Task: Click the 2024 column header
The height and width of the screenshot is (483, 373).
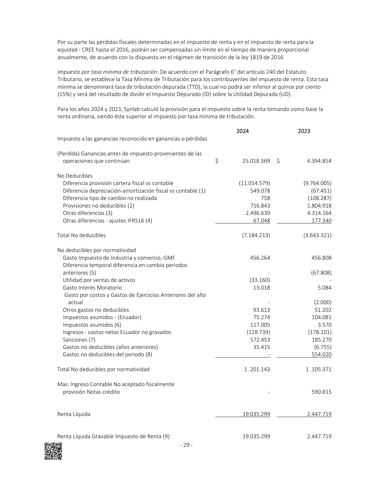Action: click(243, 131)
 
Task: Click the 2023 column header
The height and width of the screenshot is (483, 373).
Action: click(304, 131)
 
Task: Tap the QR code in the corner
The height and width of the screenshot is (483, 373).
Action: click(53, 451)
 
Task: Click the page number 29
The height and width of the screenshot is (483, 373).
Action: click(186, 445)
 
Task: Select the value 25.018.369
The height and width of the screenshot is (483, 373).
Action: click(256, 161)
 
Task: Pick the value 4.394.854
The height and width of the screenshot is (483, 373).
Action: click(319, 161)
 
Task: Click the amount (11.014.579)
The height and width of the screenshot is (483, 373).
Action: click(255, 183)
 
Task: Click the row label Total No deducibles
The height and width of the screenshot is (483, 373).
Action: click(81, 235)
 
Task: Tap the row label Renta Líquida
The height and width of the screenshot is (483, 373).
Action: click(74, 414)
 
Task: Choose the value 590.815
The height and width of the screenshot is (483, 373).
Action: click(322, 392)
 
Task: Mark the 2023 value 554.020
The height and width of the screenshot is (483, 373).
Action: click(322, 354)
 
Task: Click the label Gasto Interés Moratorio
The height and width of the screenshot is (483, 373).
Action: click(92, 288)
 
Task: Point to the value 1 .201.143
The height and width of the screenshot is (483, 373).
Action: click(257, 369)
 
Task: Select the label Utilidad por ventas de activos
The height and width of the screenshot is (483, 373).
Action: click(99, 280)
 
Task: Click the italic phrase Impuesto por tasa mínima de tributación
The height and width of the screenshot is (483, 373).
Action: click(107, 72)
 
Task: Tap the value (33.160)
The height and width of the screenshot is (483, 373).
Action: click(260, 280)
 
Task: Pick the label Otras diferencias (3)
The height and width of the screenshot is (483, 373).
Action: click(87, 213)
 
